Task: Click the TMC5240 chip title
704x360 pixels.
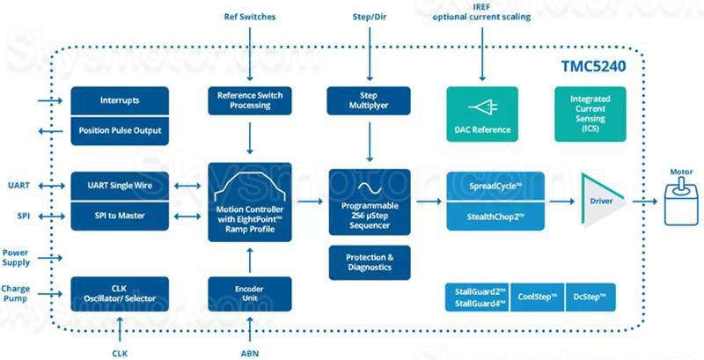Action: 593,66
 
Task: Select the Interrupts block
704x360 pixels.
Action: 120,100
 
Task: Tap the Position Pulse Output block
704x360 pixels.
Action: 120,130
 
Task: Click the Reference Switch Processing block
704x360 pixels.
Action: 250,100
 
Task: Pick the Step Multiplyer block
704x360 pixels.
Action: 369,100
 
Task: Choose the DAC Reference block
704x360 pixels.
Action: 482,114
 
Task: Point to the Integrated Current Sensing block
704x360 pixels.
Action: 590,114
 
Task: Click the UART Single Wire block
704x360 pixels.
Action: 120,186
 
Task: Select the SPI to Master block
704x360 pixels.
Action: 120,216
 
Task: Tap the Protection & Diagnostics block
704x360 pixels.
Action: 370,262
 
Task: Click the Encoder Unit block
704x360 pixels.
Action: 250,294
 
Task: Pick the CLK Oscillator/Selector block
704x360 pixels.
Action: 120,294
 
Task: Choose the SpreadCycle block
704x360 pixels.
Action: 495,187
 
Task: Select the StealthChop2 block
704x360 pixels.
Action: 495,217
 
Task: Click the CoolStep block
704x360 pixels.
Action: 538,298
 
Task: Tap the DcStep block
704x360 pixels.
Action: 590,298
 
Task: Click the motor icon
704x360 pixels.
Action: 681,201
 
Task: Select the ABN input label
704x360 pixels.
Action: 250,353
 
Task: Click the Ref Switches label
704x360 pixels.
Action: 250,17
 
